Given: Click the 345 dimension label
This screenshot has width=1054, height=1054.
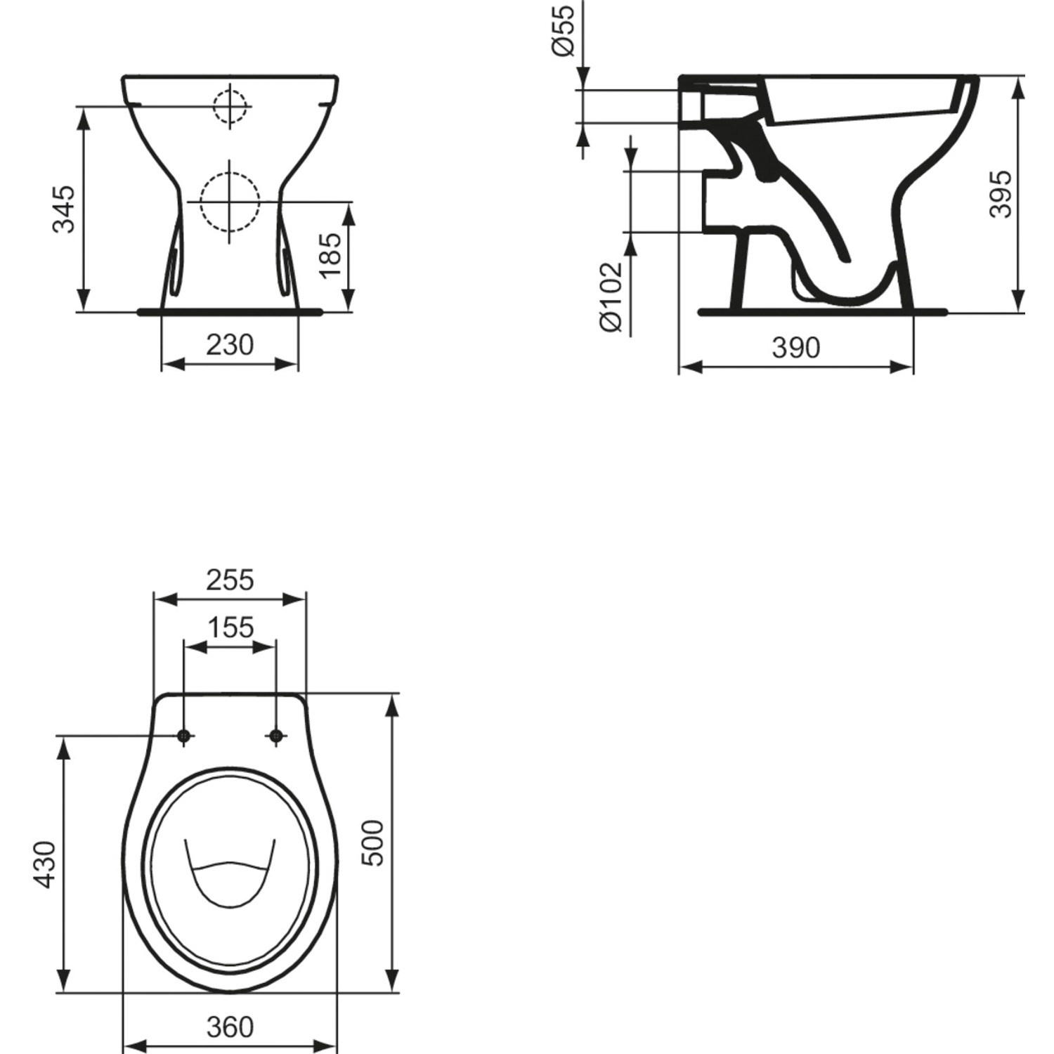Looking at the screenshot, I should tap(64, 209).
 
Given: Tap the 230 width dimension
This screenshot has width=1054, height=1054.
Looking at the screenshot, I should tap(230, 345).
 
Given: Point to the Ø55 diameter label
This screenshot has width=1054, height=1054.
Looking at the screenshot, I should tap(564, 30).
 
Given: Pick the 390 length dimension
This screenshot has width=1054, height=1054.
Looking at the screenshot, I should tap(795, 347).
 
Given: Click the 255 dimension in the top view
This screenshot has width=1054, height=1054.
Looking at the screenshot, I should tap(230, 580).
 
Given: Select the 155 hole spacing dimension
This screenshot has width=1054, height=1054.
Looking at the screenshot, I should tap(230, 627).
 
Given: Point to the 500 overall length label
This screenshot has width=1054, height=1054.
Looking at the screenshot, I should tap(373, 843).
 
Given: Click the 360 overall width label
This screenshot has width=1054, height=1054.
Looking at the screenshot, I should tap(230, 1027).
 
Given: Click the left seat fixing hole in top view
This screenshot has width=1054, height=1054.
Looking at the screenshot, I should tap(184, 736).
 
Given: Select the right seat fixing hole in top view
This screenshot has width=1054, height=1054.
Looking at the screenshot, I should tap(276, 736).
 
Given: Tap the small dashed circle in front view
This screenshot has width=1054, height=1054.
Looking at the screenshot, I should tap(230, 107).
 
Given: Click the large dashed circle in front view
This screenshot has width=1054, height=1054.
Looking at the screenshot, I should tap(230, 202).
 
